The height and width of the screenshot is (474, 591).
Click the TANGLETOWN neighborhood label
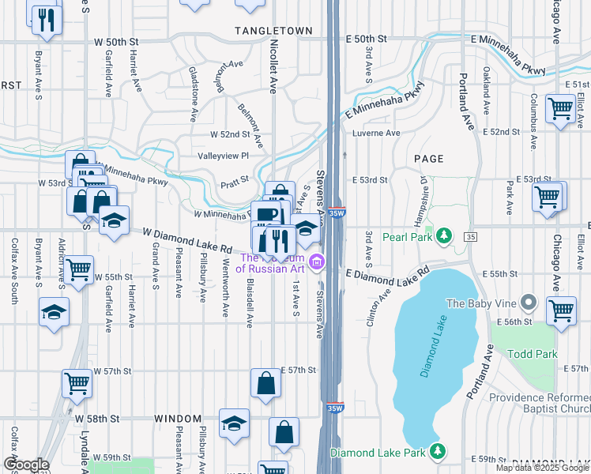269,29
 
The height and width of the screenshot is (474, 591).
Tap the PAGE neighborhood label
429,159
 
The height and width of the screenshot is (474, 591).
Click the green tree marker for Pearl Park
445,235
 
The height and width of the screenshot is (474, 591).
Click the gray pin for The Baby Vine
530,303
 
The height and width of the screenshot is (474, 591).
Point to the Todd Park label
530,355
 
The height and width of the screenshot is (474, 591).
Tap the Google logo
26,465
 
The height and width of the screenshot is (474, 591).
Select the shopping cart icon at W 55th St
78,270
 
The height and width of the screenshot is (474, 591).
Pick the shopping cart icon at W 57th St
77,383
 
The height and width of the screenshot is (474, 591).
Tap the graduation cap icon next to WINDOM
234,423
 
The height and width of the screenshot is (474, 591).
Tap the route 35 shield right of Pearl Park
471,237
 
